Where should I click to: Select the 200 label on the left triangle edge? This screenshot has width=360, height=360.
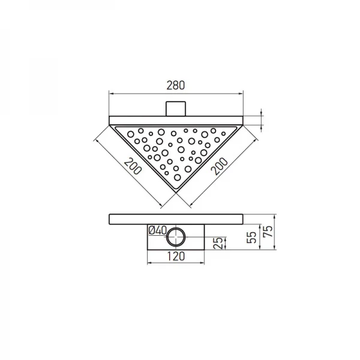coord(133,166)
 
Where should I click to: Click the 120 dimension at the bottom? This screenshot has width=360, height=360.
coord(175,255)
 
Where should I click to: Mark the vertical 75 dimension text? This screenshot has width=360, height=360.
coord(268,229)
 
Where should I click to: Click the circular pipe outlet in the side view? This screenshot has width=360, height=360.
coord(176,238)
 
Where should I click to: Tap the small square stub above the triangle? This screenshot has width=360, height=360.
coord(175,109)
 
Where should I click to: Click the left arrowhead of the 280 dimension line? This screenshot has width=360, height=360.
coord(110,93)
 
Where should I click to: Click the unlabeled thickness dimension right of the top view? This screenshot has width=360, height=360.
coord(262,119)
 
